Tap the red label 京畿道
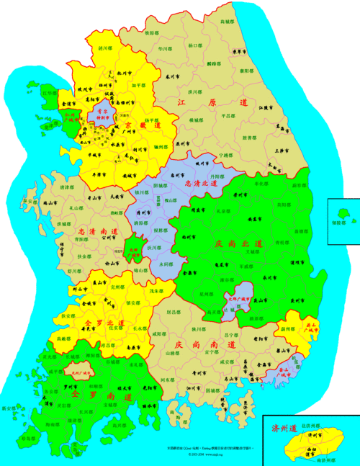[x=141, y=127]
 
